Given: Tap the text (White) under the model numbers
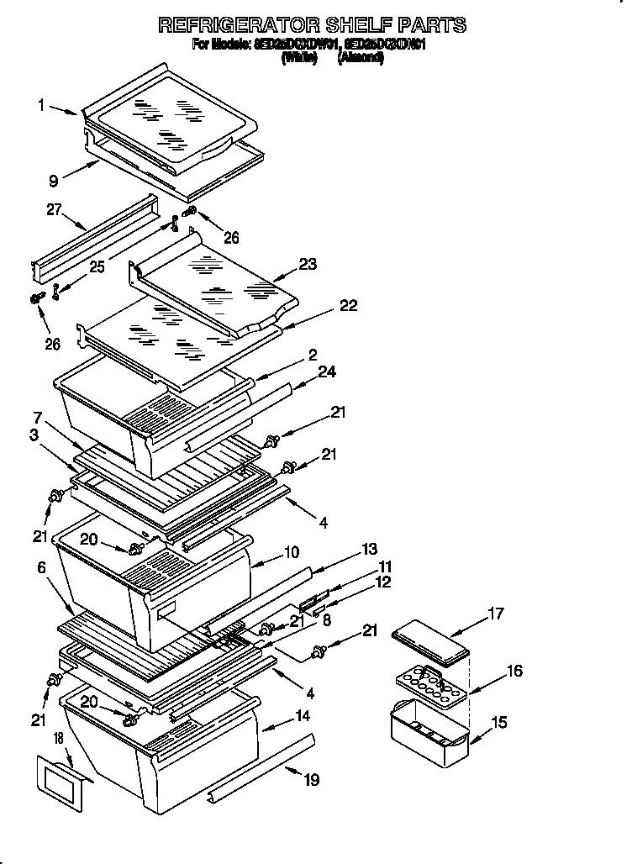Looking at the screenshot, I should click(x=298, y=58).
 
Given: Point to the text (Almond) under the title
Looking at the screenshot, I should click(x=361, y=58).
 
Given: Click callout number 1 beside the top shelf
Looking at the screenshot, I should click(x=41, y=105).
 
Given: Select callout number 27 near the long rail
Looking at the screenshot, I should click(x=55, y=210).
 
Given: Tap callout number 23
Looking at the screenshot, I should click(x=308, y=264).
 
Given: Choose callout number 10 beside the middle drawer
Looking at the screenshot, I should click(x=292, y=552).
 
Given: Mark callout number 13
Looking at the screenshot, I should click(x=369, y=549).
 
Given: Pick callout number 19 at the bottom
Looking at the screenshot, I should click(x=312, y=779).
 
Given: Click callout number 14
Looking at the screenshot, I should click(x=301, y=715).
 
